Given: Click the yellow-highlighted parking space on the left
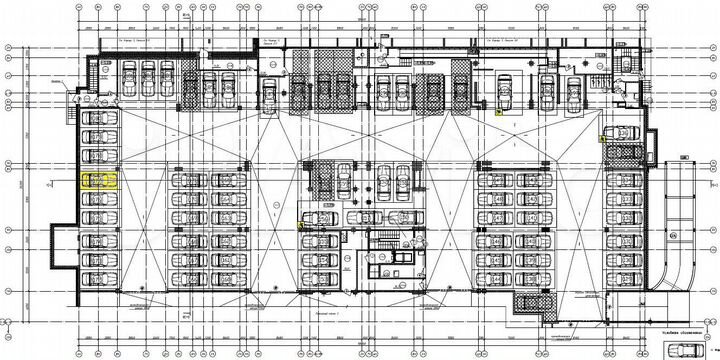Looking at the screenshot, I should pos(100,181).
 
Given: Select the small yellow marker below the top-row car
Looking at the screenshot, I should pos(499,113).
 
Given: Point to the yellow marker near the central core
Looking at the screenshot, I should pos(301,226).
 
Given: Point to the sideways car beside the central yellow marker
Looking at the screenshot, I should pos(320,218).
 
